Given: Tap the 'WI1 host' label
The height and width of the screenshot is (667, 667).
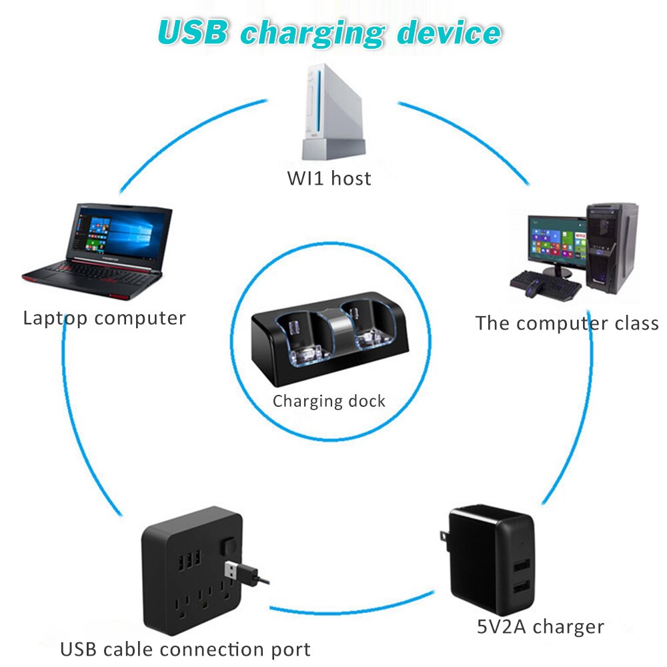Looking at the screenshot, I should [x=329, y=178].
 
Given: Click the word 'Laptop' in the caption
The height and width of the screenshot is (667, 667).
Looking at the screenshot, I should [x=55, y=317].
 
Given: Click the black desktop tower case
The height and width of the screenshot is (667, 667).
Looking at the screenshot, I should [x=612, y=247].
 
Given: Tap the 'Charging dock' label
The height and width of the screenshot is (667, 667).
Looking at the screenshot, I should [x=329, y=402].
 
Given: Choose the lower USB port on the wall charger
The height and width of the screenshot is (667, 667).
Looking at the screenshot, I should [x=520, y=590].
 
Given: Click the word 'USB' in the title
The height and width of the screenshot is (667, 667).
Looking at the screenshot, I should [x=194, y=31].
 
